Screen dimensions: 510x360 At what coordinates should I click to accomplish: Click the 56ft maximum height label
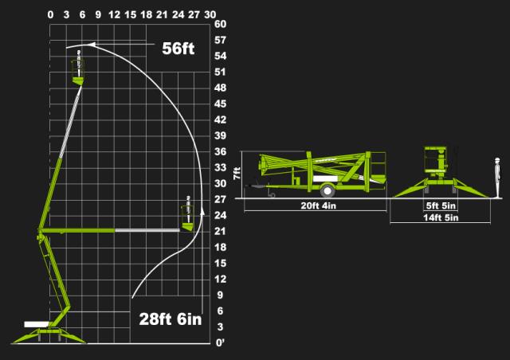point(178,49)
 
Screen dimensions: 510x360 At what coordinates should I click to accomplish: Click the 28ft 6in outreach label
point(171,319)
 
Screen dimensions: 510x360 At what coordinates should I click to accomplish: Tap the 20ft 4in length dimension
point(319,205)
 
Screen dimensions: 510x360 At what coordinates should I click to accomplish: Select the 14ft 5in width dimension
point(441,217)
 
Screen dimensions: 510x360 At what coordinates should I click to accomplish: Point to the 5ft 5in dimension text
point(441,205)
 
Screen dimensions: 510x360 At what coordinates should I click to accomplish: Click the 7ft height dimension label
point(237,173)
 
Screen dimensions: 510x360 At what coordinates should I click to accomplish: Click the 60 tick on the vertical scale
point(220,24)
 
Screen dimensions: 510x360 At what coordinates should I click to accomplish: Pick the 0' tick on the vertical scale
point(220,343)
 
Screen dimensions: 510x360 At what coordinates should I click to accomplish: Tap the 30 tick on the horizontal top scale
point(210,14)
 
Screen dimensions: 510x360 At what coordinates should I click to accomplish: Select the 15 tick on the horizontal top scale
point(130,14)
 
